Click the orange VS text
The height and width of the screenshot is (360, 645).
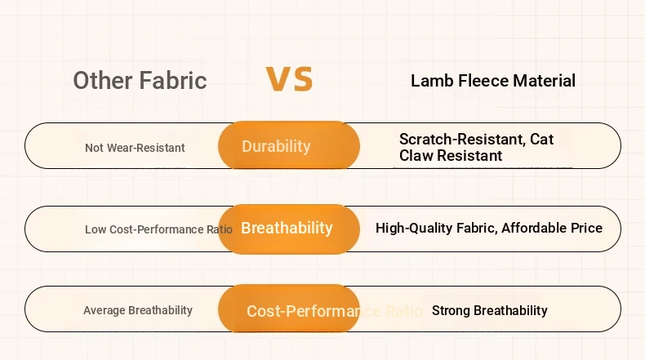coord(289,78)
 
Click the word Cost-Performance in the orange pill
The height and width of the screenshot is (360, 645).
coord(304,311)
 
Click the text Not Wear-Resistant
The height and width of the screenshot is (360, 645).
coord(135,148)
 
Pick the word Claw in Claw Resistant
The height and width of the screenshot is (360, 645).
coord(416,156)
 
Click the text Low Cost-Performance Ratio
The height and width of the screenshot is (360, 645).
coord(158,229)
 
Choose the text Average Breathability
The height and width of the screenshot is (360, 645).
coord(138,310)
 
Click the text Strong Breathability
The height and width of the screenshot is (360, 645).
coord(490,311)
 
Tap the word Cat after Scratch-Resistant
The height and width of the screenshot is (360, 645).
coord(542,139)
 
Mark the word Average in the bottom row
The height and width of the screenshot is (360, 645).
coord(104,310)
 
